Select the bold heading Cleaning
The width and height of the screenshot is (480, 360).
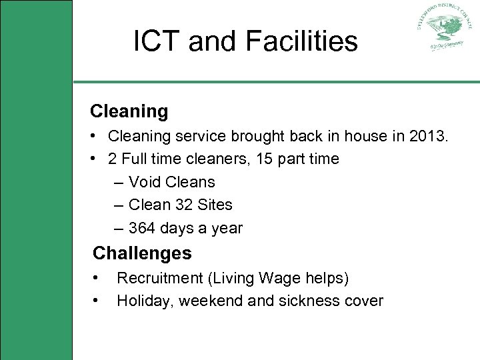(129, 111)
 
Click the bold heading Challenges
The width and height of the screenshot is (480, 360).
(142, 253)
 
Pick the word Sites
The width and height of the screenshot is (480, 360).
(215, 205)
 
